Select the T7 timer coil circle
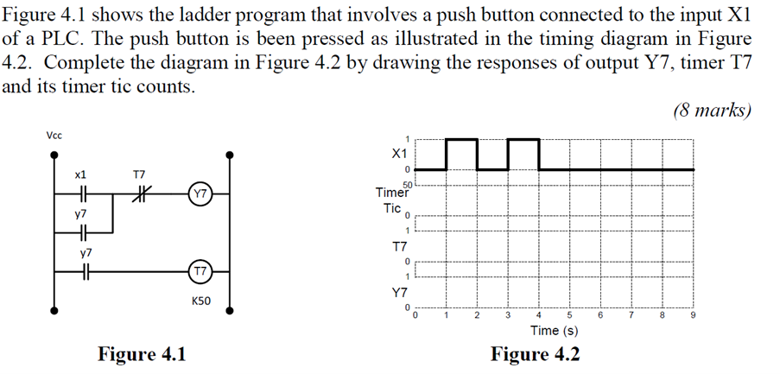(199, 271)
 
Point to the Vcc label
(54, 136)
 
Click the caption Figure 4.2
(536, 354)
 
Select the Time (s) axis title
(554, 331)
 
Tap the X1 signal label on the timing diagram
(398, 153)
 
